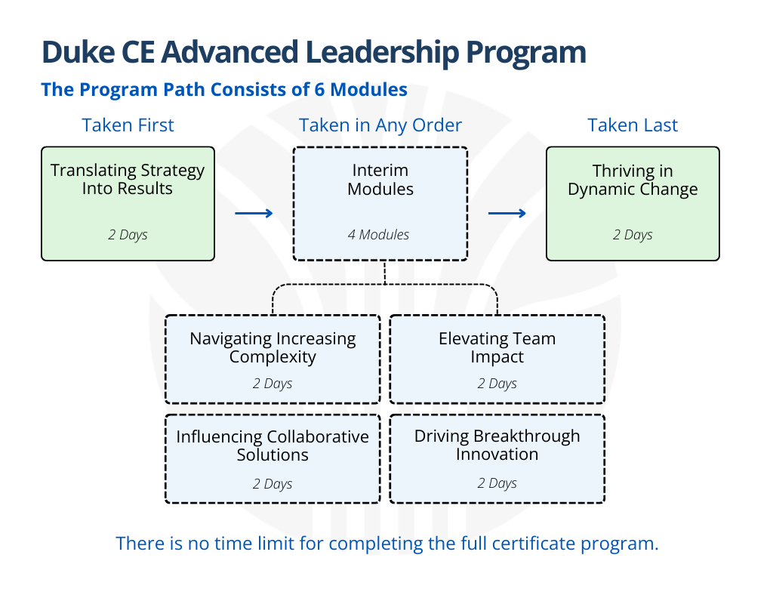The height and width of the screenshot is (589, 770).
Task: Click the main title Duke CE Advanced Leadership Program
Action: coord(313,52)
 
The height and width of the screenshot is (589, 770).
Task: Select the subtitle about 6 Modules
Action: coord(224,90)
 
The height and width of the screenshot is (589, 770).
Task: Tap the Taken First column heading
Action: coord(128,125)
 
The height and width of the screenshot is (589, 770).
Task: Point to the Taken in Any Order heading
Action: coord(380,125)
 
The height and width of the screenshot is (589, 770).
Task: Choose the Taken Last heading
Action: coord(633,125)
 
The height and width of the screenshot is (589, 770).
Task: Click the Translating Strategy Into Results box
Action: coord(128,204)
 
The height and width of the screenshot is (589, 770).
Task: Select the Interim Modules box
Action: coord(380,204)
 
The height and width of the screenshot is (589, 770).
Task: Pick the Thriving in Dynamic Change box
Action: coord(633,204)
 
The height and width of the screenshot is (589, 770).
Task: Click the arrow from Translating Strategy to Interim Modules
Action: coord(254,214)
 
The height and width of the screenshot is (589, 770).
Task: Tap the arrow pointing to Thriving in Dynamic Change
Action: coord(507,214)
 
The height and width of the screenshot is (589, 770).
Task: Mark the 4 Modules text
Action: coord(378,235)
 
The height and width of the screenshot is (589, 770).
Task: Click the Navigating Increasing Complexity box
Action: coord(273,359)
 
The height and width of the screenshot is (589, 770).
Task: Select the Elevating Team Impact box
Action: coord(497,359)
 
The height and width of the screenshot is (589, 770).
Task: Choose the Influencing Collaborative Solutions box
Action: coord(273,458)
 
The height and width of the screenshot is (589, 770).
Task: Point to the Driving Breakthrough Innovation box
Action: coord(497,458)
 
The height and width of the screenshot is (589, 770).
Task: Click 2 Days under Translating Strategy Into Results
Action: coord(128,235)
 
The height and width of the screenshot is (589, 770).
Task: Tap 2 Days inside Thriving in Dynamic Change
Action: coord(633,235)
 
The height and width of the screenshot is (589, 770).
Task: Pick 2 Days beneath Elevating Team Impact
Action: coord(497,384)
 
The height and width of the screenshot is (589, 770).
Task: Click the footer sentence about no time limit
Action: coord(387,544)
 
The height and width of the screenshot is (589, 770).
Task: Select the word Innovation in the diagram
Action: coord(497,455)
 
